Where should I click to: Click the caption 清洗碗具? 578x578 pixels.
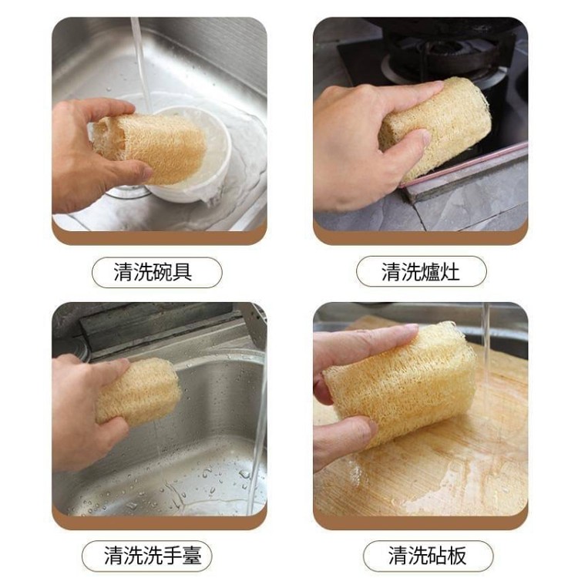pyautogui.click(x=153, y=272)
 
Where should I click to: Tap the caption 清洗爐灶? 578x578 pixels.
pyautogui.click(x=421, y=272)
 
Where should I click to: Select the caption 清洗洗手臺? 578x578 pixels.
pyautogui.click(x=153, y=556)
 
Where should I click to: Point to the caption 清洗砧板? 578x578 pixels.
pyautogui.click(x=428, y=556)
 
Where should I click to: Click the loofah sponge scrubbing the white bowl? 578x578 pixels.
pyautogui.click(x=150, y=146)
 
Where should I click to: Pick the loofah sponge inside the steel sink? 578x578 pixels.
pyautogui.click(x=138, y=391)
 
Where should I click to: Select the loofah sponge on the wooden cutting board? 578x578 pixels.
pyautogui.click(x=400, y=383)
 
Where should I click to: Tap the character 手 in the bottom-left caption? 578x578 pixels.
pyautogui.click(x=172, y=556)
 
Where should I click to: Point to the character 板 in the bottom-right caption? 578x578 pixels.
pyautogui.click(x=457, y=556)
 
